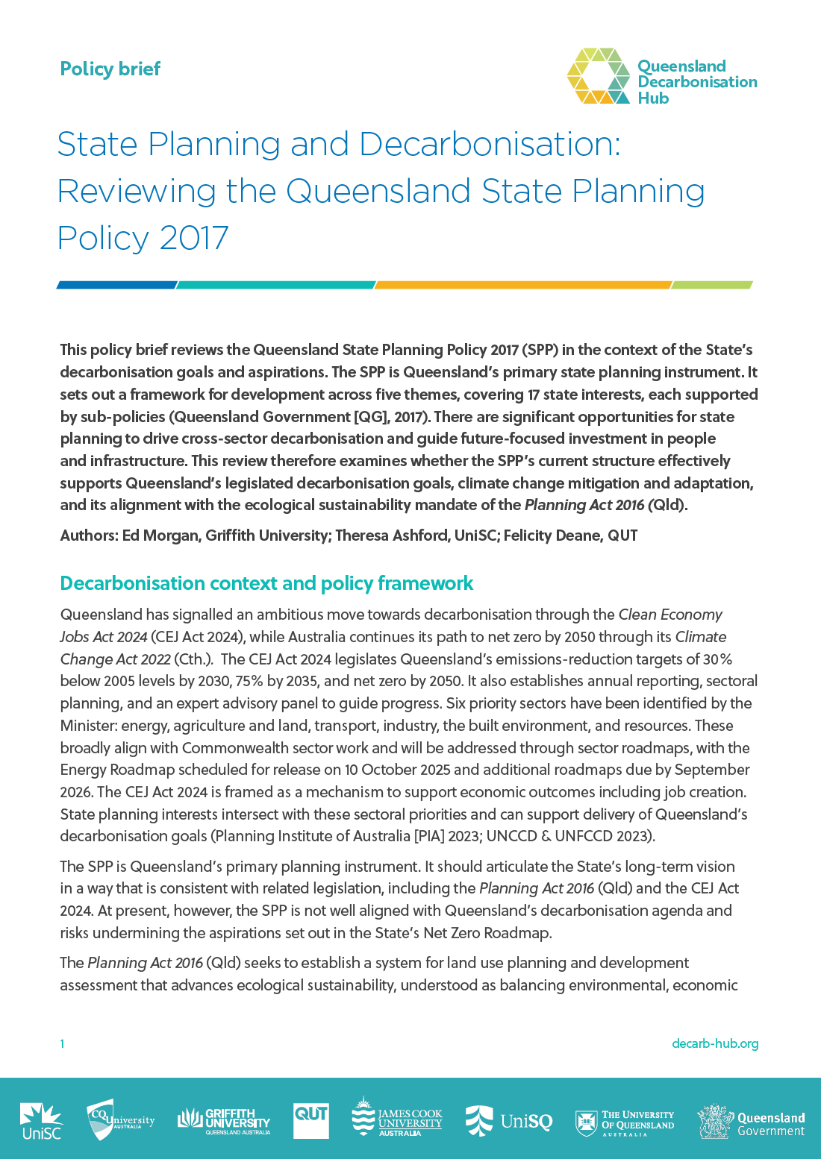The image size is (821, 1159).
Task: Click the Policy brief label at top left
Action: pyautogui.click(x=110, y=69)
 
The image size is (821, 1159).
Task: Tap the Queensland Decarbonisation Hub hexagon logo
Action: pyautogui.click(x=599, y=76)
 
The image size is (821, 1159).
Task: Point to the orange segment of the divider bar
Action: pyautogui.click(x=522, y=285)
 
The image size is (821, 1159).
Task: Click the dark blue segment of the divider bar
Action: pyautogui.click(x=116, y=285)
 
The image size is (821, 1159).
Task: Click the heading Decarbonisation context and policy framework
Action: pyautogui.click(x=266, y=583)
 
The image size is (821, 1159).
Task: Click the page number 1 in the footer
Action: pyautogui.click(x=63, y=1043)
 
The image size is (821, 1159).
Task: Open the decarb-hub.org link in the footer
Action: pyautogui.click(x=714, y=1043)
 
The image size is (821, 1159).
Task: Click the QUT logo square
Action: pyautogui.click(x=311, y=1119)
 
